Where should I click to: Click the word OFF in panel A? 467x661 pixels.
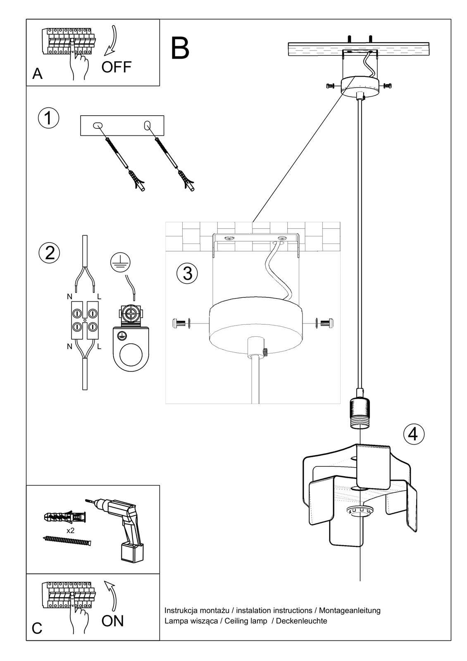click(x=116, y=67)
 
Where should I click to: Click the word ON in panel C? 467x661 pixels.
click(x=112, y=621)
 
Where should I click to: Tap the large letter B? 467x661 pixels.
click(x=180, y=49)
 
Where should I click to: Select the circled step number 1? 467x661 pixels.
click(x=48, y=118)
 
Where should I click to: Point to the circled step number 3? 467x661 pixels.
click(x=187, y=273)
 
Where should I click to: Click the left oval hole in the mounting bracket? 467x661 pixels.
click(x=98, y=125)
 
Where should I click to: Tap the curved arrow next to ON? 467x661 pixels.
click(x=110, y=595)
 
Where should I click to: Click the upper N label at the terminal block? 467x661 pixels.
click(x=69, y=297)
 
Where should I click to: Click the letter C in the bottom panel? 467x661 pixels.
click(x=37, y=628)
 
